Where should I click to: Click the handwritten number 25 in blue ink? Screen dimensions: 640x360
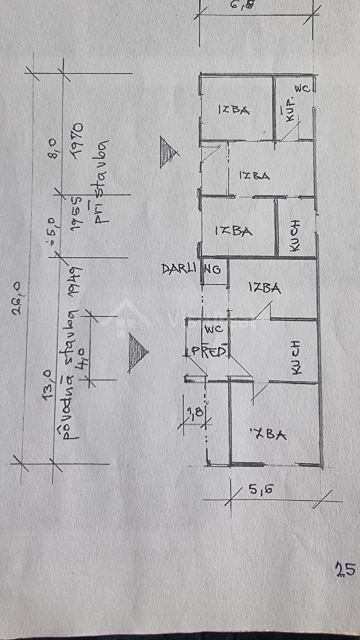345,569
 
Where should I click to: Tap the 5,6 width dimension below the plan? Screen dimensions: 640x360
261,489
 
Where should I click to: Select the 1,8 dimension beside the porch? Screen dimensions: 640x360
196,412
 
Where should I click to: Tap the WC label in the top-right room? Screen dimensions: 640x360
302,89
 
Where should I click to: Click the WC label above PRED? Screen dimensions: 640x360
213,330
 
